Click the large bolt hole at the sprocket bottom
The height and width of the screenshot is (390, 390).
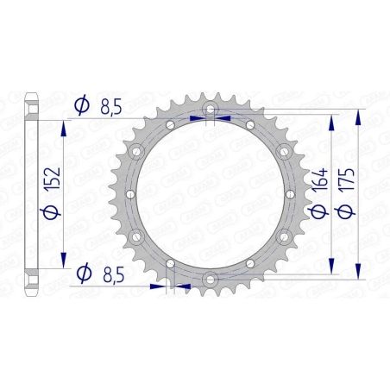[x=211, y=277]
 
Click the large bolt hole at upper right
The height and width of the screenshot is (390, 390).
[x=282, y=153]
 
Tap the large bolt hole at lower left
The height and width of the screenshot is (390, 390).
[x=139, y=236]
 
